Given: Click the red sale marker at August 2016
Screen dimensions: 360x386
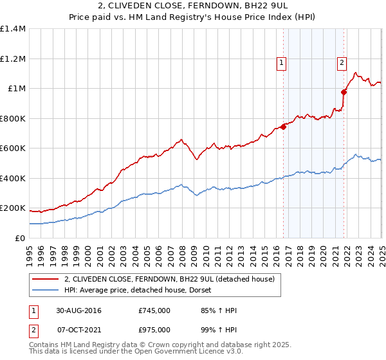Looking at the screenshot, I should click(284, 127).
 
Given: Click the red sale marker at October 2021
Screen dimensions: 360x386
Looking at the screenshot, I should click(344, 92).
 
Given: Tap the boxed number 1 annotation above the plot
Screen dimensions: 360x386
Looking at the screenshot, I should click(282, 62).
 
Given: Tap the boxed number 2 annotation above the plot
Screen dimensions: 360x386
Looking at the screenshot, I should click(341, 62).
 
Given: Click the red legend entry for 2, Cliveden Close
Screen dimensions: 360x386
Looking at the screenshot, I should click(170, 279).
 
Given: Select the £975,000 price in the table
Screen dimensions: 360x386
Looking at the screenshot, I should click(154, 329).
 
